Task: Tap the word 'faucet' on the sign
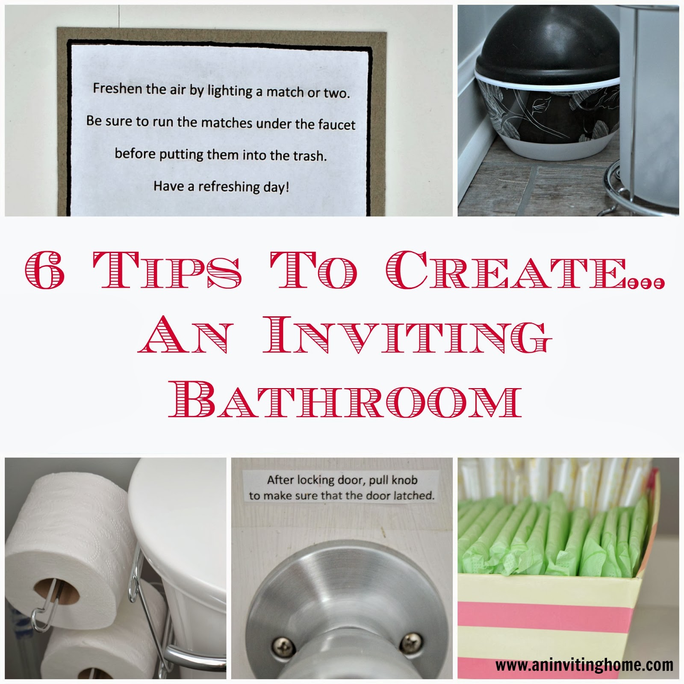[x=337, y=125]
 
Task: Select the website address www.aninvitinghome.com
[x=584, y=665]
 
